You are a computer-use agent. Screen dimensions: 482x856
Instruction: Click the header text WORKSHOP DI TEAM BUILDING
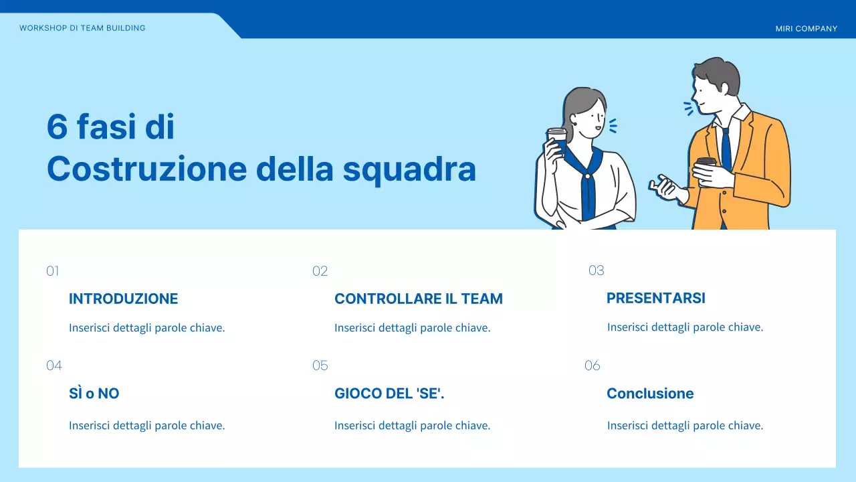point(82,28)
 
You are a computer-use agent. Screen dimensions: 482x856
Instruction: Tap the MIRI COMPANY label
point(806,29)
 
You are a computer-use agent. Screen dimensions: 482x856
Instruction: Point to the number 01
point(53,271)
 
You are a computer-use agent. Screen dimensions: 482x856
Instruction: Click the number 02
point(320,271)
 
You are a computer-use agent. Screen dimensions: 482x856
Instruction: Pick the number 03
point(596,270)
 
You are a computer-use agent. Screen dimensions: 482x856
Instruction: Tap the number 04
point(54,366)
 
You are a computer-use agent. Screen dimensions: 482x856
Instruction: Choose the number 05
point(320,366)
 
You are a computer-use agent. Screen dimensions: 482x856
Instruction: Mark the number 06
point(593,366)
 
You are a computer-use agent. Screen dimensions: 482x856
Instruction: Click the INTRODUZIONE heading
point(123,299)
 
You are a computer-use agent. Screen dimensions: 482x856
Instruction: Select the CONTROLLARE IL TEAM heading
point(419,299)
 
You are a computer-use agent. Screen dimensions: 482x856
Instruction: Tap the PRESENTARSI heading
point(655,298)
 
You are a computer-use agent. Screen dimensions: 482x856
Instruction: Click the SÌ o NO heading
point(94,394)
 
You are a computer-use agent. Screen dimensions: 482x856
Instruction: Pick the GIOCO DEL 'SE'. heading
point(389,394)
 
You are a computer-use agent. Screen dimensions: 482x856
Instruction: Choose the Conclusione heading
point(650,394)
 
